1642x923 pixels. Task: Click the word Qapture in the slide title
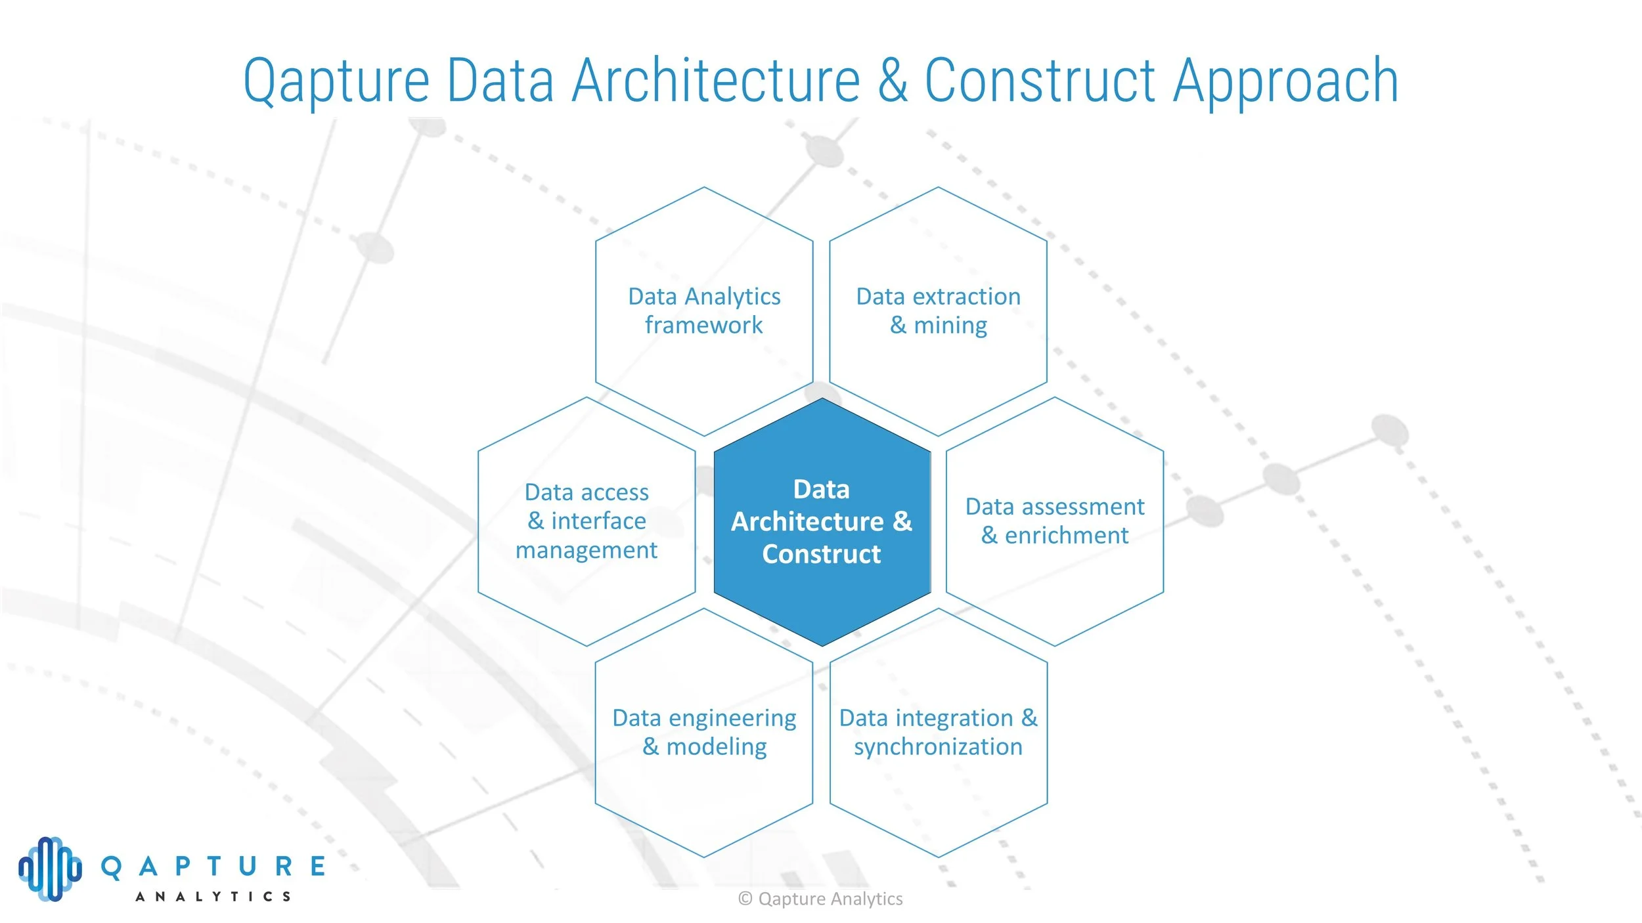click(x=336, y=81)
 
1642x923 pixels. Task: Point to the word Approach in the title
click(x=1286, y=81)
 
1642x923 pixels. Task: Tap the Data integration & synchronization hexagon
click(x=939, y=788)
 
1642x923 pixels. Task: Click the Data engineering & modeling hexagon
click(x=704, y=788)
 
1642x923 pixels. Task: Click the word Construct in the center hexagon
click(x=822, y=554)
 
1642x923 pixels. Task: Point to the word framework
click(x=703, y=325)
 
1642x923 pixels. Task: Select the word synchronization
click(x=938, y=746)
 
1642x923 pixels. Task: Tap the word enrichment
click(x=1067, y=535)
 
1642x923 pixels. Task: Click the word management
click(x=586, y=549)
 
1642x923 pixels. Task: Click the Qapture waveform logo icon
click(x=51, y=869)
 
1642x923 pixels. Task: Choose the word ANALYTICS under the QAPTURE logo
click(x=213, y=896)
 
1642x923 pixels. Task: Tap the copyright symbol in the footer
click(x=745, y=899)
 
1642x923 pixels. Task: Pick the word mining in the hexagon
click(x=950, y=325)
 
